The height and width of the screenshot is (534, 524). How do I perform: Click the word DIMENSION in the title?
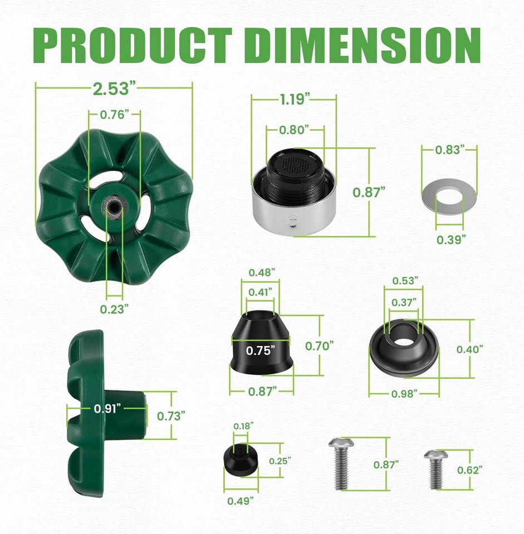[362, 44]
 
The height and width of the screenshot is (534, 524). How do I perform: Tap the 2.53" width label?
[114, 87]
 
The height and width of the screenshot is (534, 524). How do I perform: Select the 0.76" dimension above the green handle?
[114, 115]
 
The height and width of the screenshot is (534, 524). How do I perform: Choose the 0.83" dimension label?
[449, 150]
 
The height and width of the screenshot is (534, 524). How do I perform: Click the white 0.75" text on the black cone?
[261, 350]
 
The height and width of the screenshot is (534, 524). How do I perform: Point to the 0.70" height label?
[319, 345]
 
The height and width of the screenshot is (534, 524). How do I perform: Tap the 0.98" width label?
[404, 394]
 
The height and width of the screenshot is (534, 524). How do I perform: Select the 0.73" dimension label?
[171, 416]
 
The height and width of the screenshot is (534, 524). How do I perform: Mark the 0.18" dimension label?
[243, 426]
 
